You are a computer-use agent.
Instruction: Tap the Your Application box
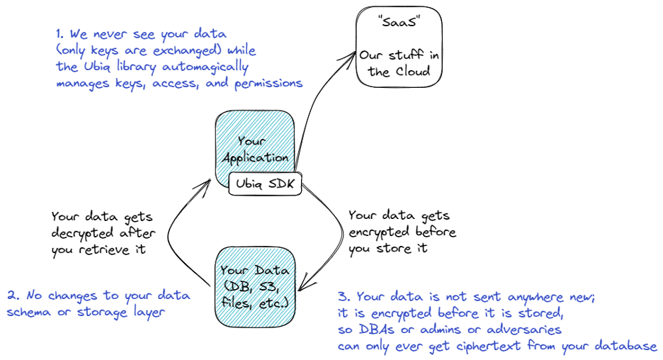(x=254, y=142)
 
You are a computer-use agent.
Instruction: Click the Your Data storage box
(x=254, y=285)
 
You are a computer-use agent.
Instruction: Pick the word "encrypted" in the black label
(x=377, y=232)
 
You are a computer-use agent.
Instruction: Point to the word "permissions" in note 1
(x=266, y=84)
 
